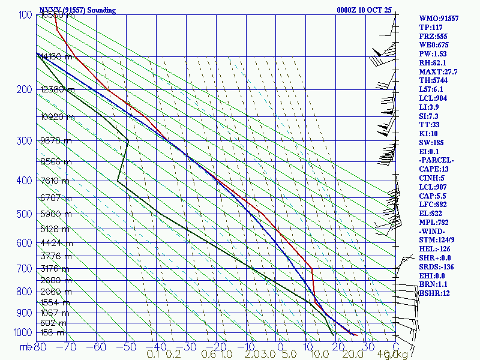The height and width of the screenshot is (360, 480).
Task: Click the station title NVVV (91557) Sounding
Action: point(77,10)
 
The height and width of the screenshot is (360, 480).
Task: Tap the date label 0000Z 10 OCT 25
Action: point(364,10)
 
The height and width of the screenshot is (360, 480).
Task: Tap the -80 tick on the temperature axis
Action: point(40,347)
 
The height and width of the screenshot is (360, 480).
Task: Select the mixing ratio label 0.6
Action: point(209,355)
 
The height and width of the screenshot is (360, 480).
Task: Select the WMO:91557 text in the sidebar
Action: point(439,19)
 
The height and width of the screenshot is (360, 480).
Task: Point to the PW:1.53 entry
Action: point(433,54)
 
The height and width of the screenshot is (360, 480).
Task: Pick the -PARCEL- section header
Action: point(437,160)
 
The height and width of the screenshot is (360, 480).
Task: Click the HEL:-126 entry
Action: point(436,248)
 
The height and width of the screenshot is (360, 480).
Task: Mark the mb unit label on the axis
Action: point(26,347)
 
